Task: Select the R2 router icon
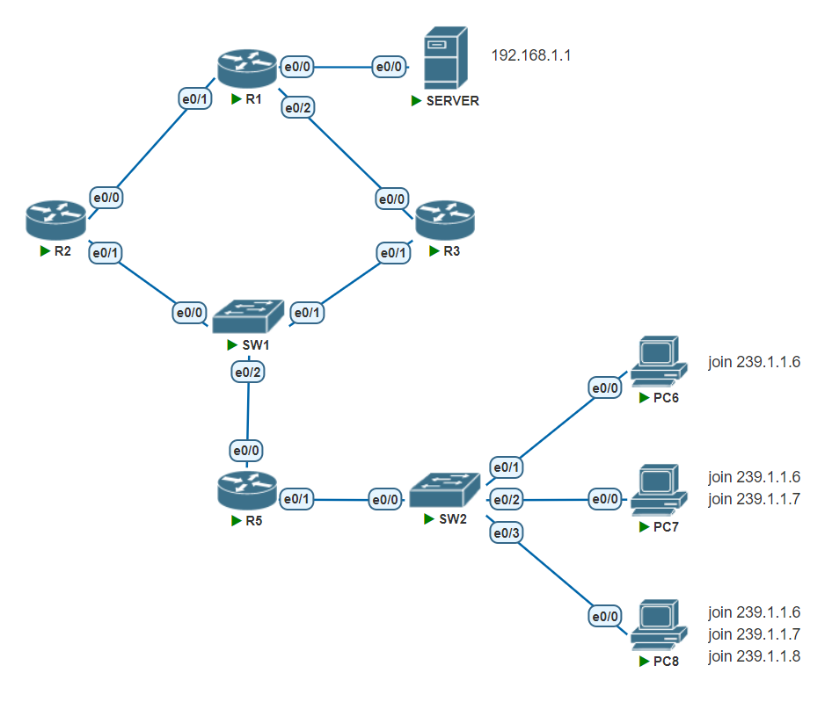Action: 55,221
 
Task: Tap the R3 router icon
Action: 444,221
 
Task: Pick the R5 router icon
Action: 246,490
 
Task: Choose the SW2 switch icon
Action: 446,491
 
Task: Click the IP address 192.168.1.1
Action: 531,55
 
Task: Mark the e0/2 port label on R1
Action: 297,108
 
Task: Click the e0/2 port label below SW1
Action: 248,373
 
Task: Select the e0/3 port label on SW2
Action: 507,532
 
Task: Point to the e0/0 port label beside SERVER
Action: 389,66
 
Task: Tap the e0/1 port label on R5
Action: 296,499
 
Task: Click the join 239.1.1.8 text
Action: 755,655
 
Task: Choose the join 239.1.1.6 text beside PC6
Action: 755,362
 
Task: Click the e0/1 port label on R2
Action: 106,253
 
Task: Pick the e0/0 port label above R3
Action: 392,199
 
